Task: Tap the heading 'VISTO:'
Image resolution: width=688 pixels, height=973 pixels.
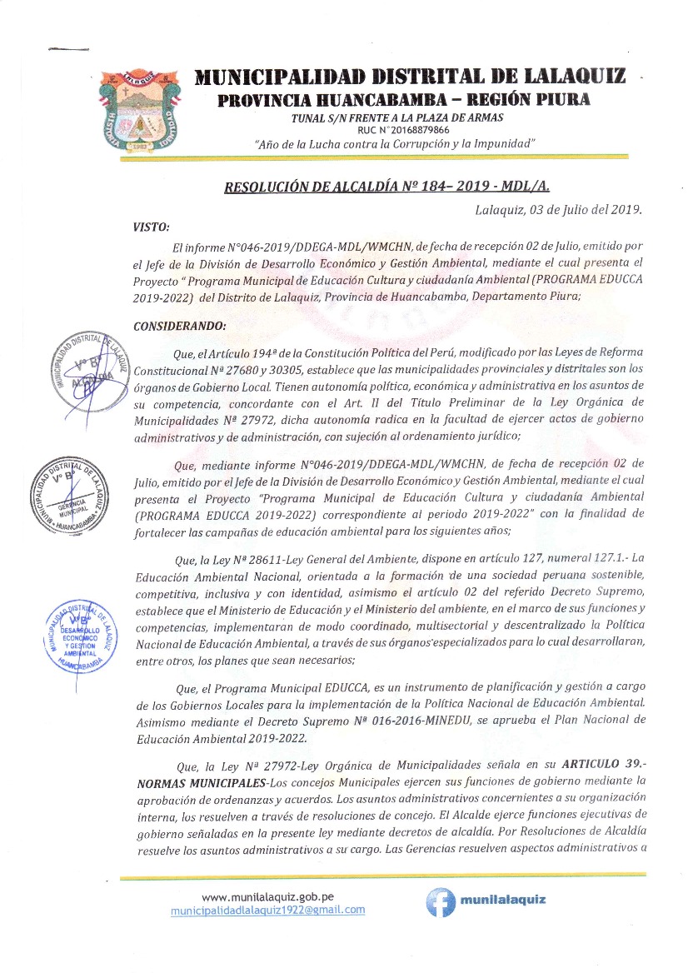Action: pos(151,226)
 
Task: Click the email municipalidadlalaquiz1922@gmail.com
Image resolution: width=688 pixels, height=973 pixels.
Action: pos(267,910)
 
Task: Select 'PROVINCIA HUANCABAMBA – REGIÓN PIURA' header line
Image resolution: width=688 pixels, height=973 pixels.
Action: pos(404,101)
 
